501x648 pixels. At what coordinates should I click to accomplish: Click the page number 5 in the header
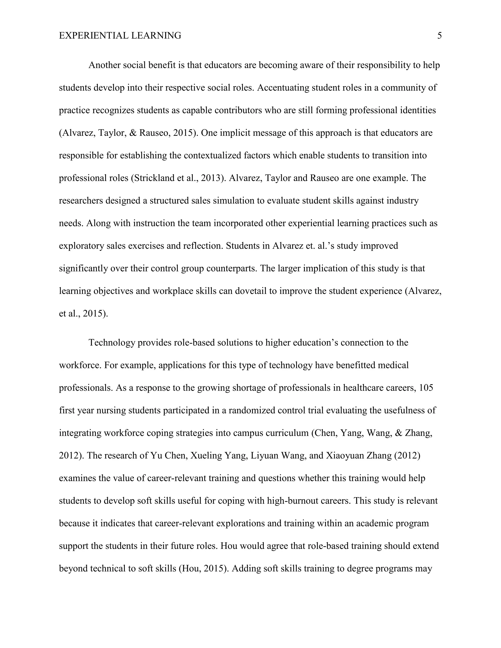[x=439, y=36]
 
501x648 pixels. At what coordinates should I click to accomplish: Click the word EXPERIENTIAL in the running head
[x=93, y=36]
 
